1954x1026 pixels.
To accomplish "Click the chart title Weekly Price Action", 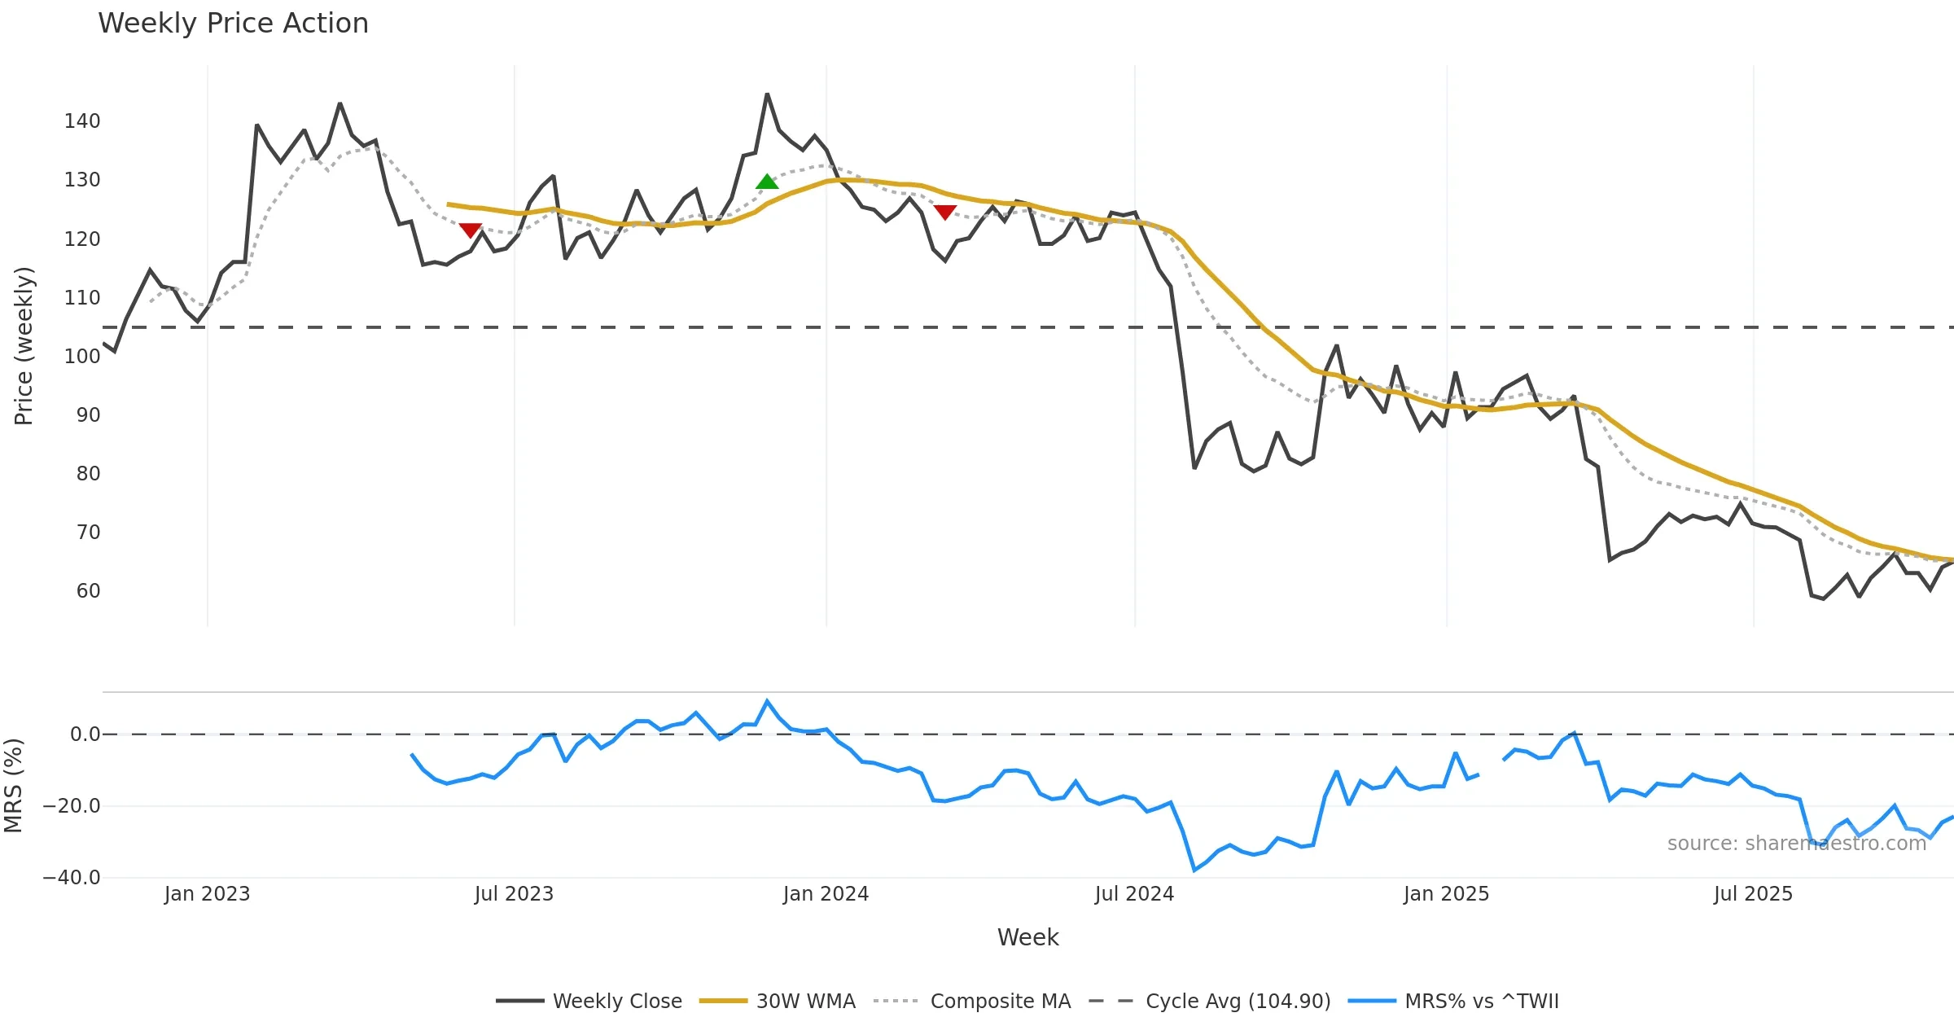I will pos(233,24).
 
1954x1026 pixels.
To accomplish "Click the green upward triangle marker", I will pos(767,182).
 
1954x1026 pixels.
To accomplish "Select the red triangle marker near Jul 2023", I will pos(471,230).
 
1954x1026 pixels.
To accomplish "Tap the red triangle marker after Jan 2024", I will pos(944,213).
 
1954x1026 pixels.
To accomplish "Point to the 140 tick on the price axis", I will pos(82,121).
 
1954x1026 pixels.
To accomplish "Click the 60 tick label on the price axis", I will pos(88,591).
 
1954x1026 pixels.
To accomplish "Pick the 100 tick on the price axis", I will pos(82,357).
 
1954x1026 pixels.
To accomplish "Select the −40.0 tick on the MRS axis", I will pos(72,878).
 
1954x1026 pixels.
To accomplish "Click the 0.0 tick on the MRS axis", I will pos(85,734).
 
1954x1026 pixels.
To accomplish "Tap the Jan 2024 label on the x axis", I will pos(826,894).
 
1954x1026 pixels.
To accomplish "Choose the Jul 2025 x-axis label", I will pos(1753,894).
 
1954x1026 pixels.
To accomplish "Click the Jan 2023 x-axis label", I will pos(207,894).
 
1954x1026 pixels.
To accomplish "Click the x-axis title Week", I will pos(1027,938).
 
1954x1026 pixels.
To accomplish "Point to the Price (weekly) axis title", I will pos(24,346).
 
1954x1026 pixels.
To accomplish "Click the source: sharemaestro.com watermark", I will pos(1796,844).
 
